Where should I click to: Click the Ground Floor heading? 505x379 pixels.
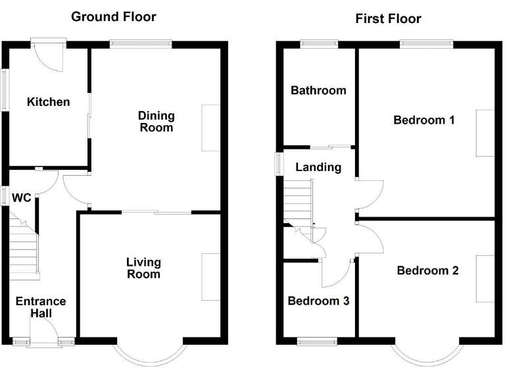[113, 16]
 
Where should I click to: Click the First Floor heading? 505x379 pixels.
[388, 18]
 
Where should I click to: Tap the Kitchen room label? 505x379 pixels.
[48, 102]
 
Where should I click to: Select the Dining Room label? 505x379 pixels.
[156, 122]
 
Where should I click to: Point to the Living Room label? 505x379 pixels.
[143, 268]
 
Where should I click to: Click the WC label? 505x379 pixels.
[22, 197]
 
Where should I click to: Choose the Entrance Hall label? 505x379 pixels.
[41, 307]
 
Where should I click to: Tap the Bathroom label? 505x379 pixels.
[318, 90]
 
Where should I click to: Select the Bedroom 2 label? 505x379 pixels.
[427, 270]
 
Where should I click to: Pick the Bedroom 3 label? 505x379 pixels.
[318, 301]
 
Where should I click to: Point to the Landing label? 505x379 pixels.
[318, 167]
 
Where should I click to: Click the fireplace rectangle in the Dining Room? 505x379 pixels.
[210, 128]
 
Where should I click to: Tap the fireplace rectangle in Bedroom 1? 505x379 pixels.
[485, 133]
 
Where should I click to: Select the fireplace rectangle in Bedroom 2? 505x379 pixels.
[485, 278]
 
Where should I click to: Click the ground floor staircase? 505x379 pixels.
[24, 247]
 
